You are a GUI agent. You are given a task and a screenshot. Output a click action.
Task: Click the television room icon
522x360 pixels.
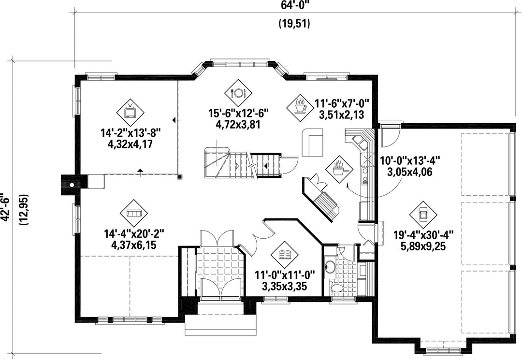tap(130, 113)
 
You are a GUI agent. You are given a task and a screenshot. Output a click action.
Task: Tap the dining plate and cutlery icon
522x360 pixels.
tap(238, 93)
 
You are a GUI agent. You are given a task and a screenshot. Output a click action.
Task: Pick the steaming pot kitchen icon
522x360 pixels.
tap(339, 169)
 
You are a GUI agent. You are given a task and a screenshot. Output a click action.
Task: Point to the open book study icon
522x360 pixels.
tap(285, 255)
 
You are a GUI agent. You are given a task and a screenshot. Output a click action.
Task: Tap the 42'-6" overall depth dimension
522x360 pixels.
tap(5, 206)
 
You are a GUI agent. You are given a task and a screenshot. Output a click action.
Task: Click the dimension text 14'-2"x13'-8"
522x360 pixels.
tap(131, 133)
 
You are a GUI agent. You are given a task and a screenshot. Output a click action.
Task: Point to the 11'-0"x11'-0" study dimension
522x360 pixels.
tap(285, 275)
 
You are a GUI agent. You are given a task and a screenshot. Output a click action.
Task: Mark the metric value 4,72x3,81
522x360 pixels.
tap(239, 125)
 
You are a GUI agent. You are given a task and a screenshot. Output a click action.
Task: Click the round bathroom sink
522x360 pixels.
tap(330, 267)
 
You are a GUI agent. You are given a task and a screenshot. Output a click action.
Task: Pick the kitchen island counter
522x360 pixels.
tap(313, 143)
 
